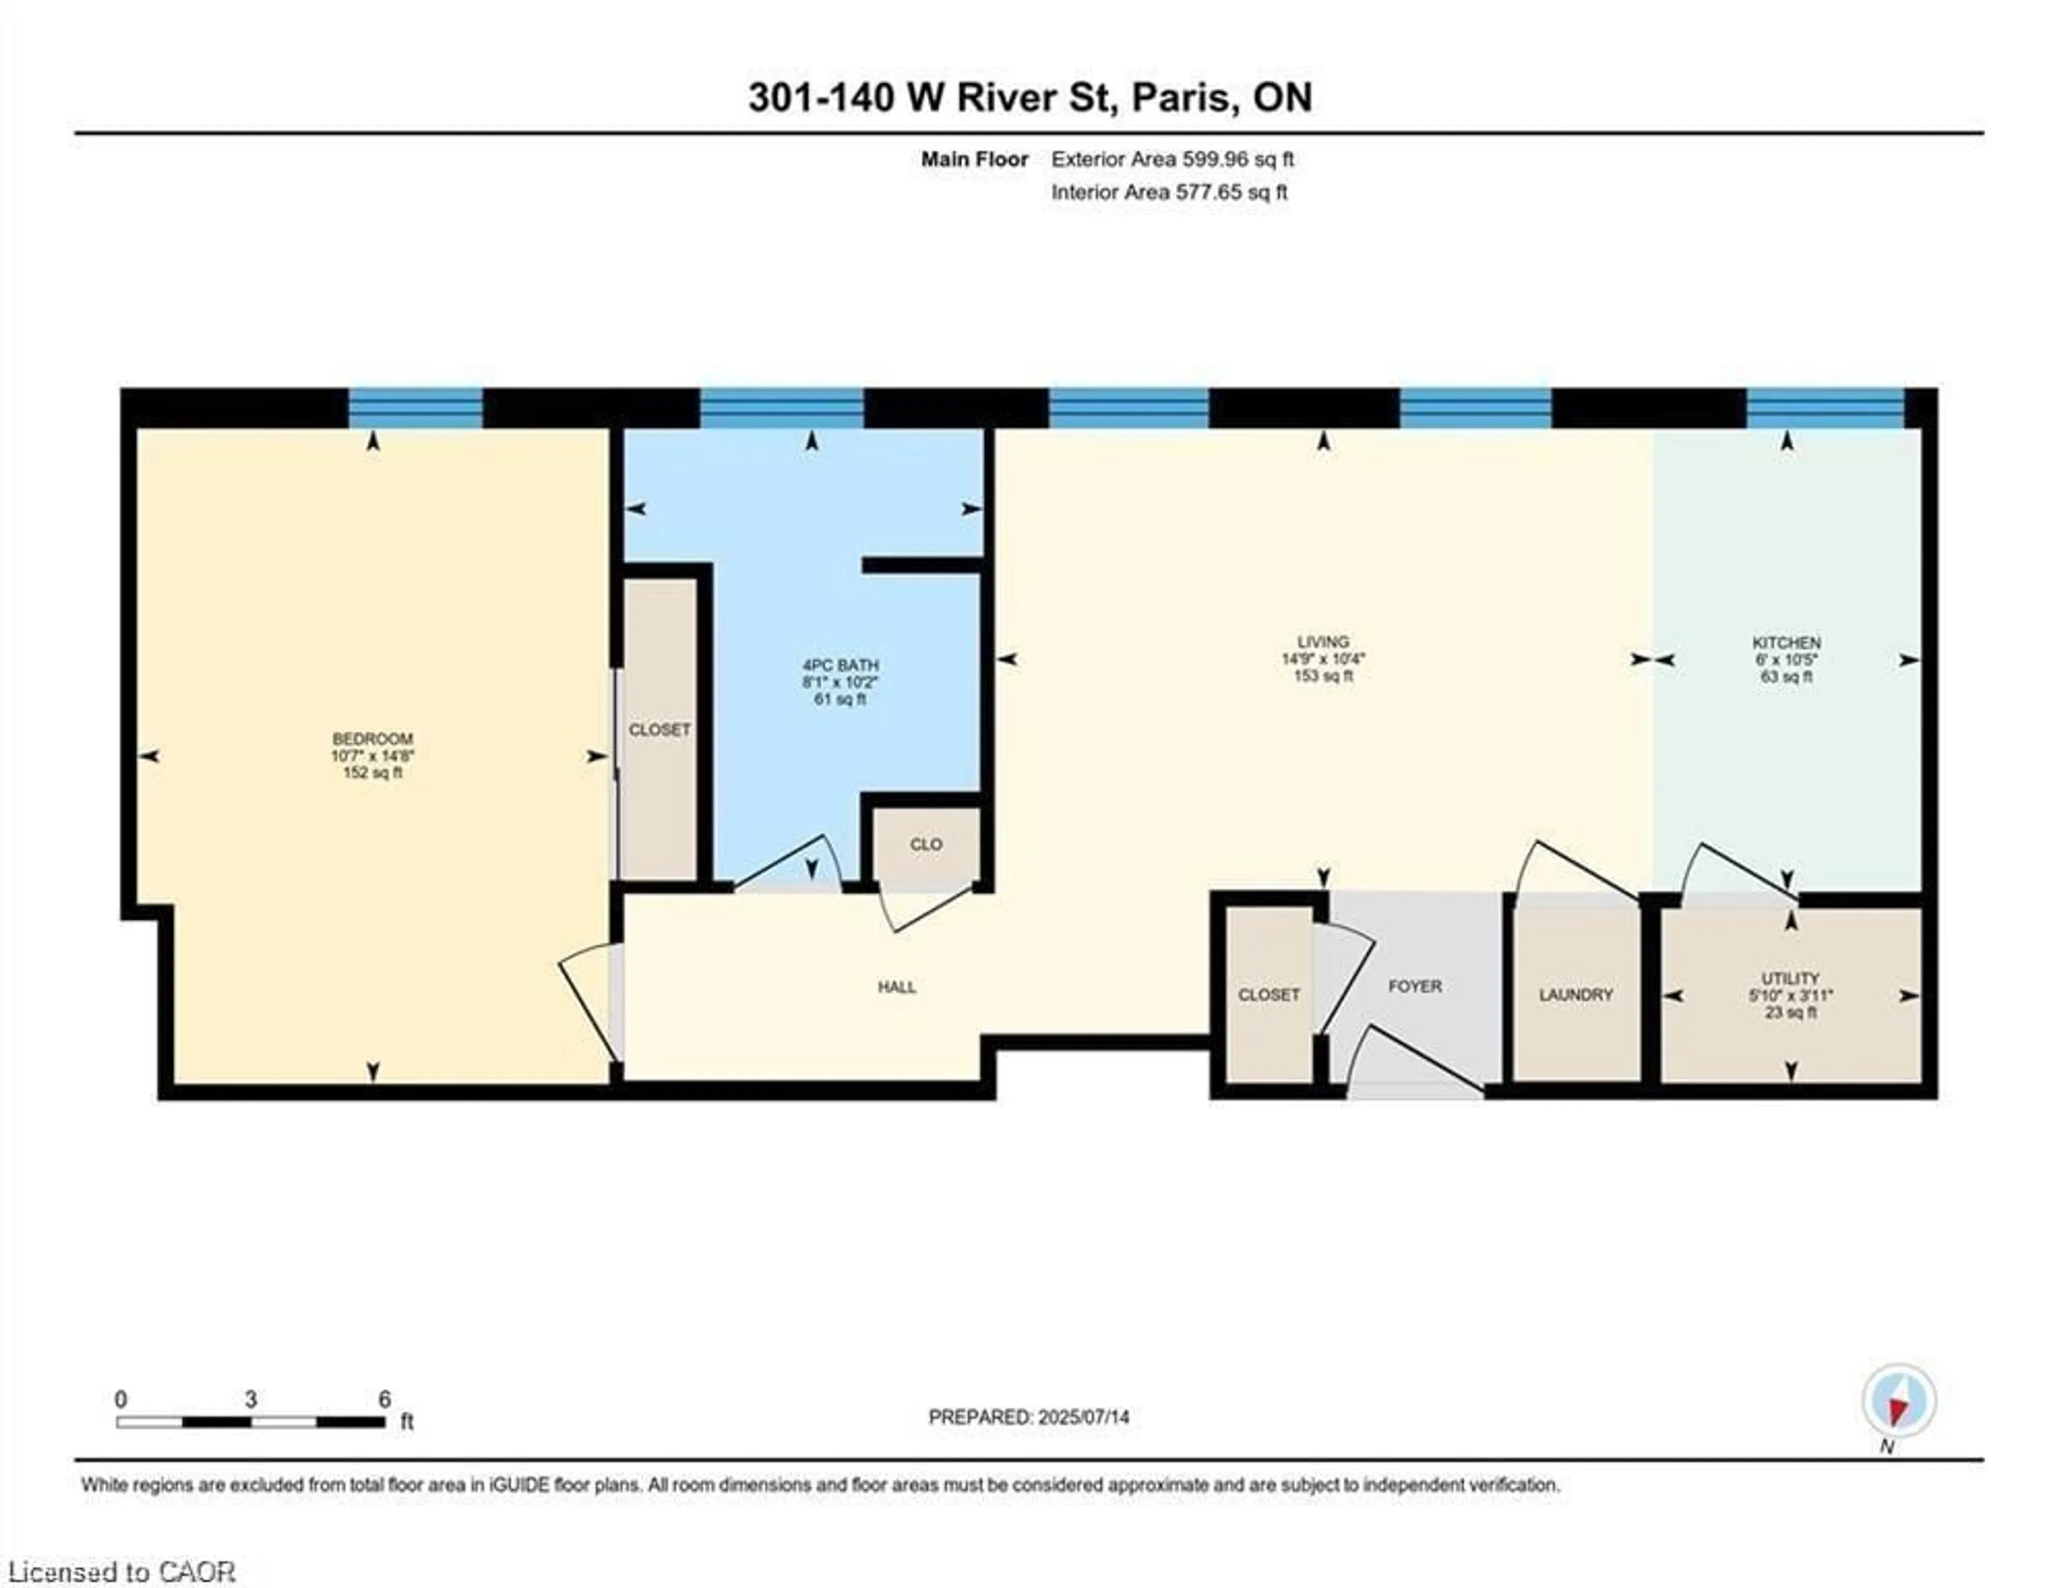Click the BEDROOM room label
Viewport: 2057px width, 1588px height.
[x=372, y=738]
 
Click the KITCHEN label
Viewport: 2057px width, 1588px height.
[x=1786, y=642]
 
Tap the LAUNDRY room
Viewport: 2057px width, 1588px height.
[x=1576, y=994]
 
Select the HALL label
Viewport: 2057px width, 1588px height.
[x=897, y=987]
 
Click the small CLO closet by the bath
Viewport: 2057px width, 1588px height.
[x=926, y=844]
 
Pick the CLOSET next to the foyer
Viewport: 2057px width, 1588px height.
[x=1268, y=994]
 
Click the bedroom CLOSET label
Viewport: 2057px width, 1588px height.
[x=659, y=730]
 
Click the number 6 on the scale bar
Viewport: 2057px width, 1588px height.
[x=384, y=1399]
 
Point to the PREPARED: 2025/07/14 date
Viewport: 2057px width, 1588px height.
[x=1028, y=1417]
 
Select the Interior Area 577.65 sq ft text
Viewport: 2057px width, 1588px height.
[x=1169, y=192]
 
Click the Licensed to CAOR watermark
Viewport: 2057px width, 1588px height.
[x=122, y=1572]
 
